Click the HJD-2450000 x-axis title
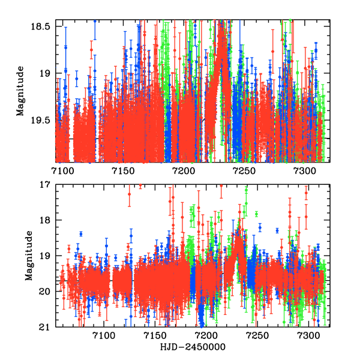[x=193, y=347]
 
